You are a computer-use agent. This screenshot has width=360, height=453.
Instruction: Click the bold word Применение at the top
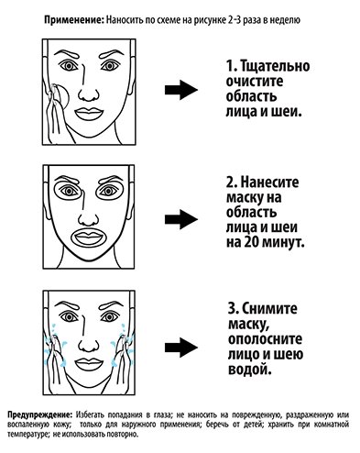[74, 20]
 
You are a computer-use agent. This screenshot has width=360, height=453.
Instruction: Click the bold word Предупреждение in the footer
[39, 415]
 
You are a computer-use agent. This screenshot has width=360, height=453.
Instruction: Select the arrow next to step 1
[181, 90]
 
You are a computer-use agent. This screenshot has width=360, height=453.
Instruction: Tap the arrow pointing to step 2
[181, 219]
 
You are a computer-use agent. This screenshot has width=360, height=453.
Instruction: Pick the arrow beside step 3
[181, 348]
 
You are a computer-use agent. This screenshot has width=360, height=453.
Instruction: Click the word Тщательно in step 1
[276, 66]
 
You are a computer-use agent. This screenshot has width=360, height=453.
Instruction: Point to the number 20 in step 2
[251, 242]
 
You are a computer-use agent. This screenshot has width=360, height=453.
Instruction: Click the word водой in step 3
[250, 370]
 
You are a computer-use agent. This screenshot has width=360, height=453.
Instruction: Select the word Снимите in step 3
[269, 308]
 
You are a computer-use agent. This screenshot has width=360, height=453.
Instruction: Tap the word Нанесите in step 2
[270, 182]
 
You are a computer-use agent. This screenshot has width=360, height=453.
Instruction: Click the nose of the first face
[89, 94]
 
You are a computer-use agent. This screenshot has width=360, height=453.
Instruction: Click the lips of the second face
[89, 238]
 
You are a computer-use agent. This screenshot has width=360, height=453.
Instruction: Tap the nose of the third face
[89, 346]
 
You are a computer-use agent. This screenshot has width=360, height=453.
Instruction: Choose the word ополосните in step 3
[265, 339]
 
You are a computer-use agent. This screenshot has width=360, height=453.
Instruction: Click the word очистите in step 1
[255, 82]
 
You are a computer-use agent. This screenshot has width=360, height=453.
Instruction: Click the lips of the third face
[89, 364]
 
